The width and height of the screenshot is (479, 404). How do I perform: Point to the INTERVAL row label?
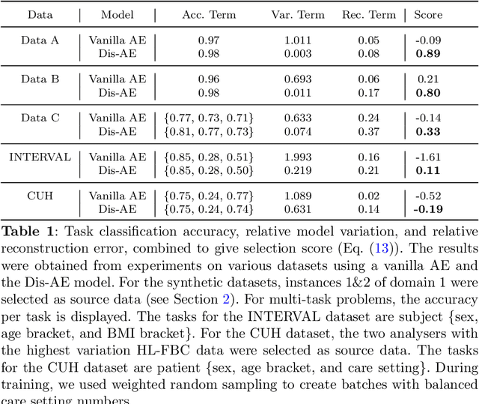coord(39,157)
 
